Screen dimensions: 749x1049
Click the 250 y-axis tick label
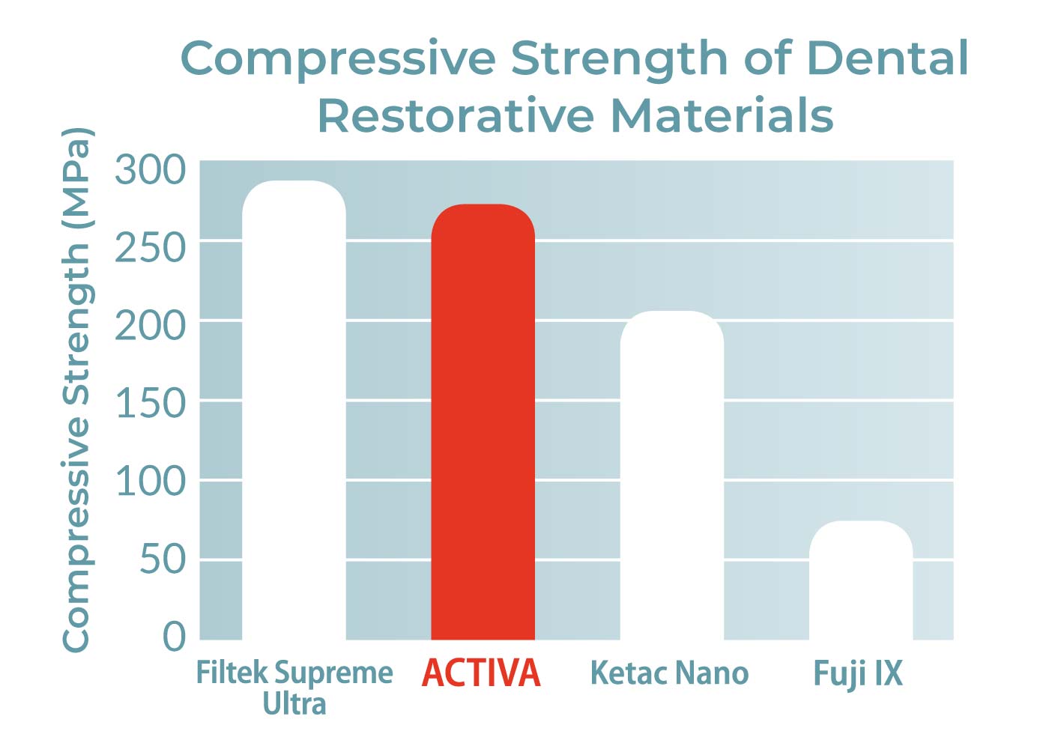point(150,248)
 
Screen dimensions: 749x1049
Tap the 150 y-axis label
point(150,404)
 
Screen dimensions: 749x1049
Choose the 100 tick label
point(150,482)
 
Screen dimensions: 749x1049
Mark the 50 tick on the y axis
point(163,560)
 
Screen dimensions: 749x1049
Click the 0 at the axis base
point(174,637)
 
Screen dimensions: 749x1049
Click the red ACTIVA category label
point(481,673)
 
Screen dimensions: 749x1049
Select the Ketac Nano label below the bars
point(669,673)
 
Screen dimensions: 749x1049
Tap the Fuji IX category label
point(858,673)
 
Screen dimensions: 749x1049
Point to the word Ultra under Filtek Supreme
point(294,704)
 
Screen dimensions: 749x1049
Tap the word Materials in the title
point(722,116)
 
